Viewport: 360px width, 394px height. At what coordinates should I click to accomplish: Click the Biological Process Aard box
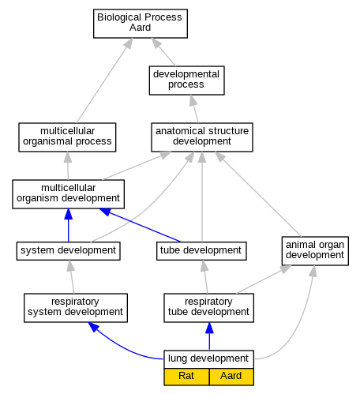click(x=141, y=24)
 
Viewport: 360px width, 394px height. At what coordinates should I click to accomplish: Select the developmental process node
click(x=186, y=81)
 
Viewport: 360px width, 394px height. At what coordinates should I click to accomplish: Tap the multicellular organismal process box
click(x=67, y=137)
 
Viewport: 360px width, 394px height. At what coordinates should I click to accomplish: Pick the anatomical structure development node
click(x=202, y=137)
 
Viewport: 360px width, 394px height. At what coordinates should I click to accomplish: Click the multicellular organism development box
click(x=68, y=194)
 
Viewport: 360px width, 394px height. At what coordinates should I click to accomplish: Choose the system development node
click(x=68, y=251)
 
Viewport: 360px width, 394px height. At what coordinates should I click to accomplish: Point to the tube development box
click(x=201, y=251)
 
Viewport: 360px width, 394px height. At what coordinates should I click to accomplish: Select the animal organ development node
click(x=315, y=251)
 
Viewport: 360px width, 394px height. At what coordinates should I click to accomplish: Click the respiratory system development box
click(x=76, y=308)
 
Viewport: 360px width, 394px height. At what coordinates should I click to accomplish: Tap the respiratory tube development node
click(x=208, y=308)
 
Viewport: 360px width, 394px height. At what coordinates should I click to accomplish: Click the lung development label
click(x=208, y=358)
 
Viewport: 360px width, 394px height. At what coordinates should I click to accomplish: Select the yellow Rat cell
click(x=186, y=377)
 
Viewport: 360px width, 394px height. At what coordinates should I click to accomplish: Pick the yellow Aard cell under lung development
click(x=231, y=377)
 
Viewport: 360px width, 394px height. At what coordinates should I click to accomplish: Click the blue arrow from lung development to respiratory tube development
click(x=209, y=336)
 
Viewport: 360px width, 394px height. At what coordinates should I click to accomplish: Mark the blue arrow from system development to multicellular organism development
click(x=69, y=225)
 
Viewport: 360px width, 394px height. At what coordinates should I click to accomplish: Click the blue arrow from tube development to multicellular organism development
click(x=140, y=225)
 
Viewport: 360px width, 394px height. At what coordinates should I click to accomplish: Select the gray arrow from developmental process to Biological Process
click(x=163, y=52)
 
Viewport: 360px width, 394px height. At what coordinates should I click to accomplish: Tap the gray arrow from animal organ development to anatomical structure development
click(x=258, y=194)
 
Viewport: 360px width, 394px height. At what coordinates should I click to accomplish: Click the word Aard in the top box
click(x=140, y=28)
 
